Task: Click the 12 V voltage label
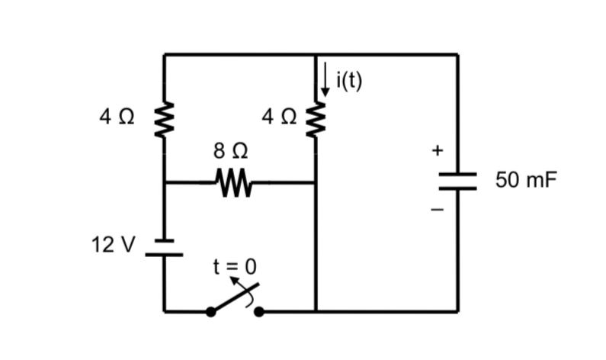pos(113,245)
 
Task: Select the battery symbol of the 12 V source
pos(164,247)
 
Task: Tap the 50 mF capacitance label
pos(526,181)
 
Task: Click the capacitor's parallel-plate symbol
pos(457,181)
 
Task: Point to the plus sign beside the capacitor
pos(437,151)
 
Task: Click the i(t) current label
pos(348,79)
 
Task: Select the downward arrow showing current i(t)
pos(325,79)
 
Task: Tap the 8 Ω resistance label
pos(231,150)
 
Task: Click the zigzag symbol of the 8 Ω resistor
pos(231,182)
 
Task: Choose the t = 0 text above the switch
pos(235,266)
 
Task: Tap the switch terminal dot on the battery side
pos(210,311)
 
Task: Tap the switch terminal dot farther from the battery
pos(259,311)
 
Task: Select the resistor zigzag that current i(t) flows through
pos(315,120)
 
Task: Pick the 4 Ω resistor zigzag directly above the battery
pos(164,120)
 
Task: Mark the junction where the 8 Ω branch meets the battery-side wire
pos(164,182)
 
